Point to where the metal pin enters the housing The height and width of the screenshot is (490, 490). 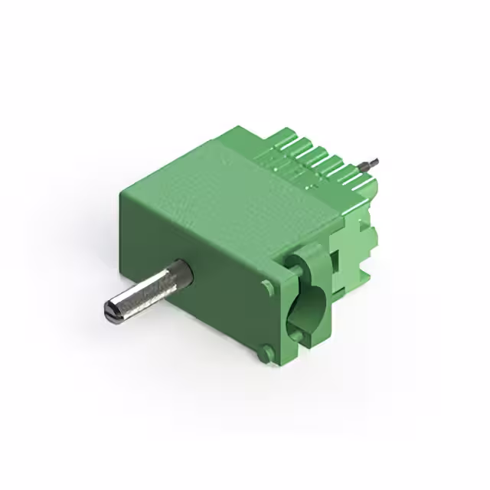coord(182,273)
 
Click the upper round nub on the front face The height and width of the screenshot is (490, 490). coord(267,287)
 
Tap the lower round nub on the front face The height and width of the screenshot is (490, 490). coord(266,354)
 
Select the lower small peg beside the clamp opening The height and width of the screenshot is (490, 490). coord(295,334)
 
